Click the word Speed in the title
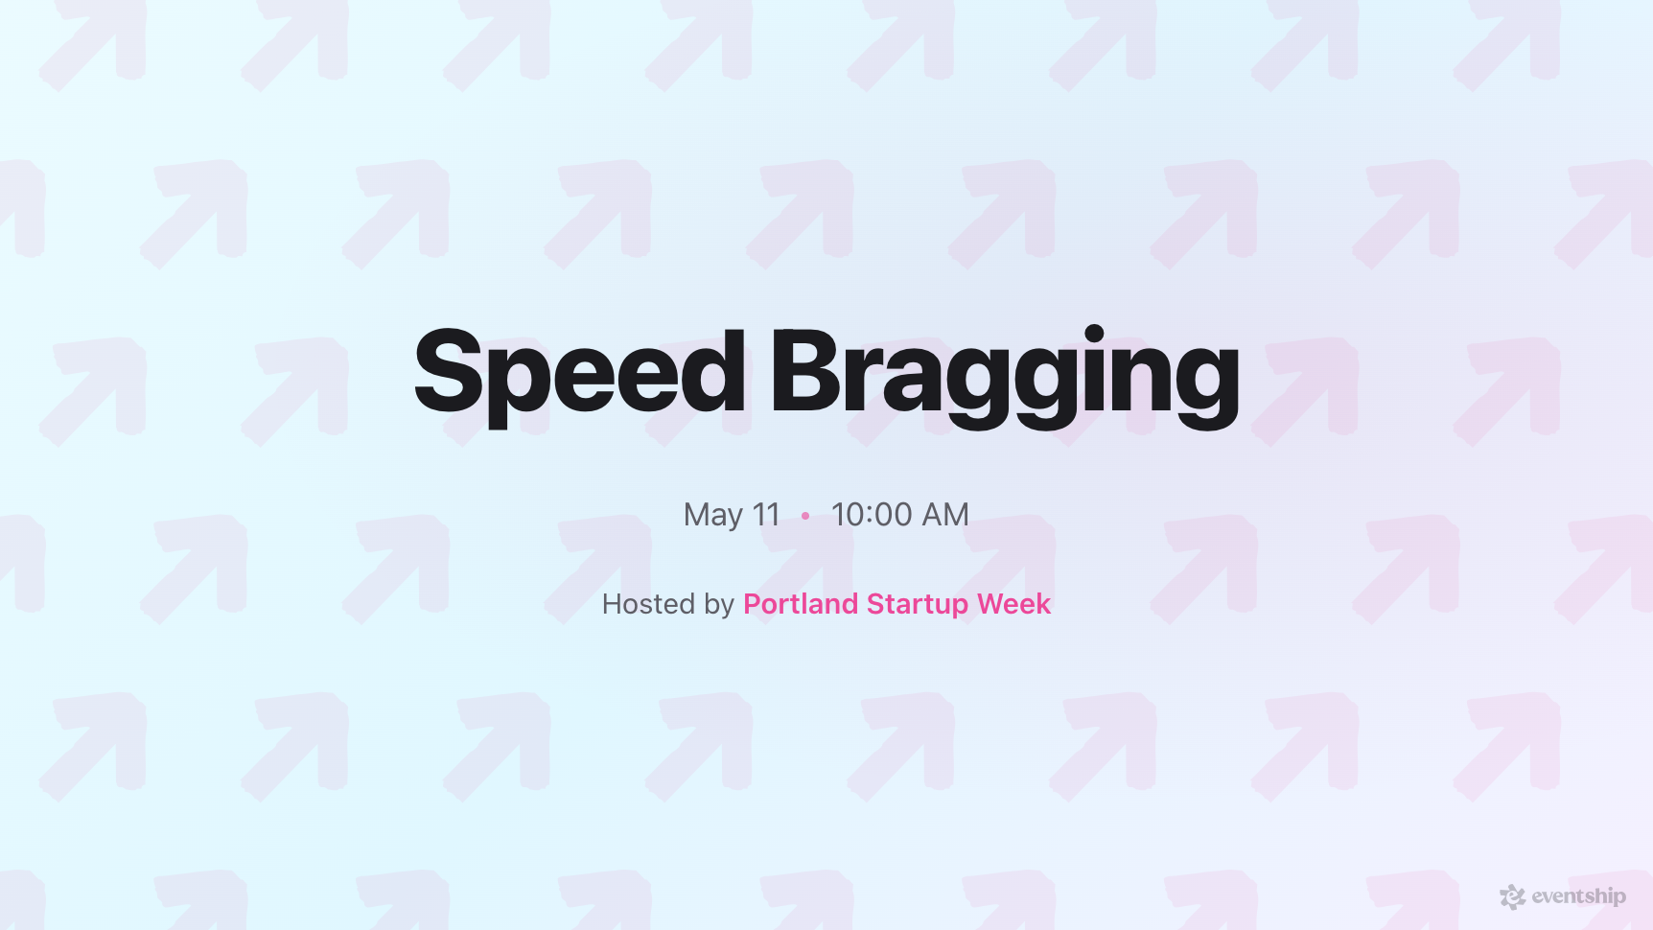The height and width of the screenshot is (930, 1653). click(x=579, y=372)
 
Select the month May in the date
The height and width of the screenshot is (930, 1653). click(x=712, y=516)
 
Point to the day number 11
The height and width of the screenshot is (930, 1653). click(x=766, y=515)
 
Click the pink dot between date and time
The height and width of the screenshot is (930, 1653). click(x=805, y=516)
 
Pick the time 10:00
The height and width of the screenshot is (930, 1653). click(x=872, y=515)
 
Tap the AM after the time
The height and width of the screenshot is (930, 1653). click(x=945, y=515)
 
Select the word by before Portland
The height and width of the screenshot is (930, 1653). click(x=719, y=605)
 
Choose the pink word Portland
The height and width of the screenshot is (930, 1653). click(x=801, y=604)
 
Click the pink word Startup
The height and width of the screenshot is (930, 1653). click(x=918, y=605)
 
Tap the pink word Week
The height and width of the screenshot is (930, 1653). click(x=1013, y=604)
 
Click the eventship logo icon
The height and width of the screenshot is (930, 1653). click(x=1512, y=896)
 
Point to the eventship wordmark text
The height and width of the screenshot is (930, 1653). click(x=1578, y=896)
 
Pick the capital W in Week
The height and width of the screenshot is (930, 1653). click(x=991, y=604)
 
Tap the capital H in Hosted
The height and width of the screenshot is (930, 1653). click(x=612, y=604)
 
